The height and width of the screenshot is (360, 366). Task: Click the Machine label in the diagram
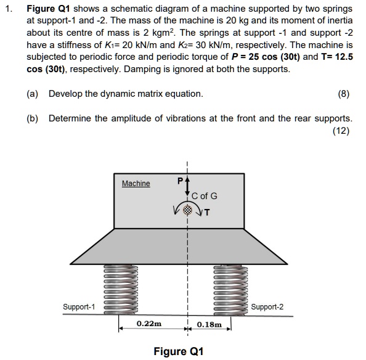(136, 183)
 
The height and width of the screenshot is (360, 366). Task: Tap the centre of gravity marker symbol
(187, 209)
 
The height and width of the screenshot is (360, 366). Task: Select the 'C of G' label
(204, 196)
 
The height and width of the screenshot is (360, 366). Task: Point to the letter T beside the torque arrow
(207, 213)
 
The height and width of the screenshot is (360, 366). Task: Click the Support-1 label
(79, 306)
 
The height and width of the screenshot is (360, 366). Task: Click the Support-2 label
(267, 306)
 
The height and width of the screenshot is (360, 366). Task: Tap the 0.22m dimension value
(149, 323)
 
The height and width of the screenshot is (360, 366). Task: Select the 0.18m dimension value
(209, 323)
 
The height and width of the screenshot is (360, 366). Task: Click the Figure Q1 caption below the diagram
(178, 351)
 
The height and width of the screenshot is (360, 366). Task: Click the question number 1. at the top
(9, 9)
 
